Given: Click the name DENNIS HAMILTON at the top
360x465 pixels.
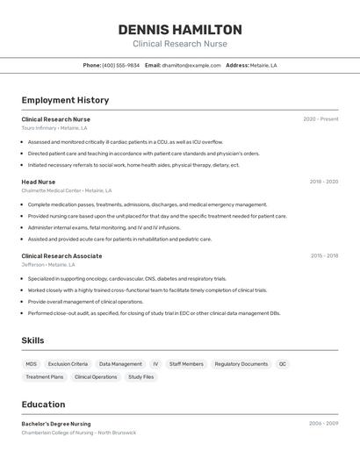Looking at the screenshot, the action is pos(180,30).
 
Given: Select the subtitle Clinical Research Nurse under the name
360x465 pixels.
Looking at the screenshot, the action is pos(180,44).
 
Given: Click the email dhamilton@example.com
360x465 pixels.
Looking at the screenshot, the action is pos(191,65).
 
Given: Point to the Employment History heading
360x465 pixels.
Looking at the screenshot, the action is pos(65,101).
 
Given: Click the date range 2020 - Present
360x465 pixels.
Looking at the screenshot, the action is pos(320,119).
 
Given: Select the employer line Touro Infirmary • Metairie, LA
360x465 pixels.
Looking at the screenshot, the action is pos(54,128).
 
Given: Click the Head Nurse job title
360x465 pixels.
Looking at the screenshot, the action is pos(39,182).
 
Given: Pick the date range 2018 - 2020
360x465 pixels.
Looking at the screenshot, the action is pos(323,182).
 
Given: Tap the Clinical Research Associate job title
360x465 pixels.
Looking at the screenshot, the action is pos(61,256).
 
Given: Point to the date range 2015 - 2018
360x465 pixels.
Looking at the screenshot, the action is pos(324,256).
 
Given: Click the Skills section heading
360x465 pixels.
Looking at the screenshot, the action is pos(32,340).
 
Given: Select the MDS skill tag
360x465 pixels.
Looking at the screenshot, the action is pos(31,364).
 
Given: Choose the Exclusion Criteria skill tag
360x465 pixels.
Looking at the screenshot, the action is pos(68,364).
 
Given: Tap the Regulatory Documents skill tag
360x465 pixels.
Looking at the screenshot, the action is pos(241,364).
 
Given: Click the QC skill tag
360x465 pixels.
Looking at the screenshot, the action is pos(283,364).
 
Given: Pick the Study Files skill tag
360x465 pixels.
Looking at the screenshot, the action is pos(140,377).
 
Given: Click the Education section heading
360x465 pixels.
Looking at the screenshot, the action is pos(43,404).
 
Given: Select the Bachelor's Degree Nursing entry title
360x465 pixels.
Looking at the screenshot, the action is pos(56,424).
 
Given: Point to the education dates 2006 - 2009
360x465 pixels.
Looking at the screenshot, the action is pos(323,424).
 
